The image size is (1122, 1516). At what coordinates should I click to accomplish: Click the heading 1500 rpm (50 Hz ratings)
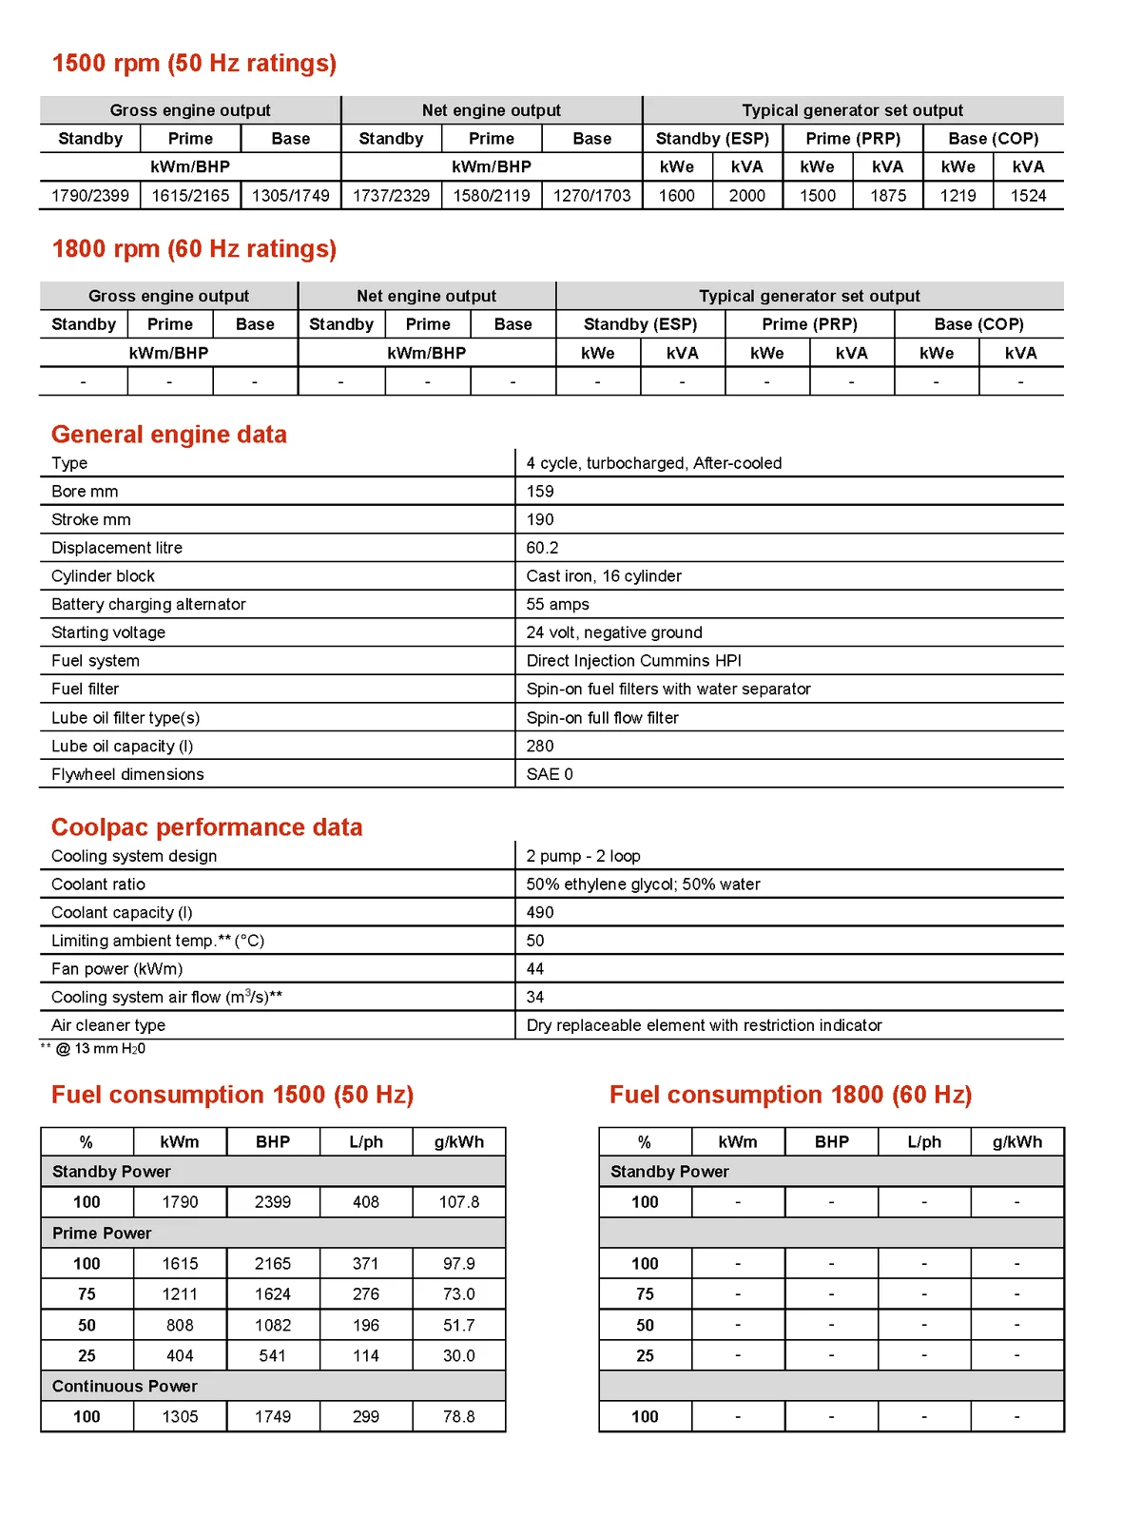coord(194,63)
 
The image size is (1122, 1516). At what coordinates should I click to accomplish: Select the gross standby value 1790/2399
coord(89,195)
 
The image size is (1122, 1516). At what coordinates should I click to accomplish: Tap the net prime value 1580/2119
coord(492,195)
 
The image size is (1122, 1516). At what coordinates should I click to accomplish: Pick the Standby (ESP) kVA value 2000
coord(746,195)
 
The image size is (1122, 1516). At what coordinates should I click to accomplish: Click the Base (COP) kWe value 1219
coord(958,195)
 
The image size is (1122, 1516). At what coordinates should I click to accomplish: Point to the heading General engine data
coord(168,434)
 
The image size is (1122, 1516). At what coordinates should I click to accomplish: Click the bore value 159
coord(540,491)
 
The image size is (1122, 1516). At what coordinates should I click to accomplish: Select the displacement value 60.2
coord(542,547)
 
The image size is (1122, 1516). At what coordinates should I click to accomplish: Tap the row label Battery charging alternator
coord(148,604)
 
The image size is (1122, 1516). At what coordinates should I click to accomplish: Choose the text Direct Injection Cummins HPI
coord(633,660)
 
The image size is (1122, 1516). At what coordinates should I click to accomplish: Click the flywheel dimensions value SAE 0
coord(550,773)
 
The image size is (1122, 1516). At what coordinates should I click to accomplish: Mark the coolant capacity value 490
coord(540,911)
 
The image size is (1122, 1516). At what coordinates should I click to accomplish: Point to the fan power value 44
coord(535,968)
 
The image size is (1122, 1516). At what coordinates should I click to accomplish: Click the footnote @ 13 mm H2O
coord(99,1048)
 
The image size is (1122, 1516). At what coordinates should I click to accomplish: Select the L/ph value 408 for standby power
coord(366,1201)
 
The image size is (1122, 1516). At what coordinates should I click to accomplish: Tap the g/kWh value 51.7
coord(458,1325)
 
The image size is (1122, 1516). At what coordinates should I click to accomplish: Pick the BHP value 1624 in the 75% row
coord(273,1293)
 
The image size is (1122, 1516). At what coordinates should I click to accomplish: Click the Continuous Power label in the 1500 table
coord(125,1386)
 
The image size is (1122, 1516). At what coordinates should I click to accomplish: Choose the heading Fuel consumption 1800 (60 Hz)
coord(790,1094)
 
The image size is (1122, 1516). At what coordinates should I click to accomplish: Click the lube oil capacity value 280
coord(540,746)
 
